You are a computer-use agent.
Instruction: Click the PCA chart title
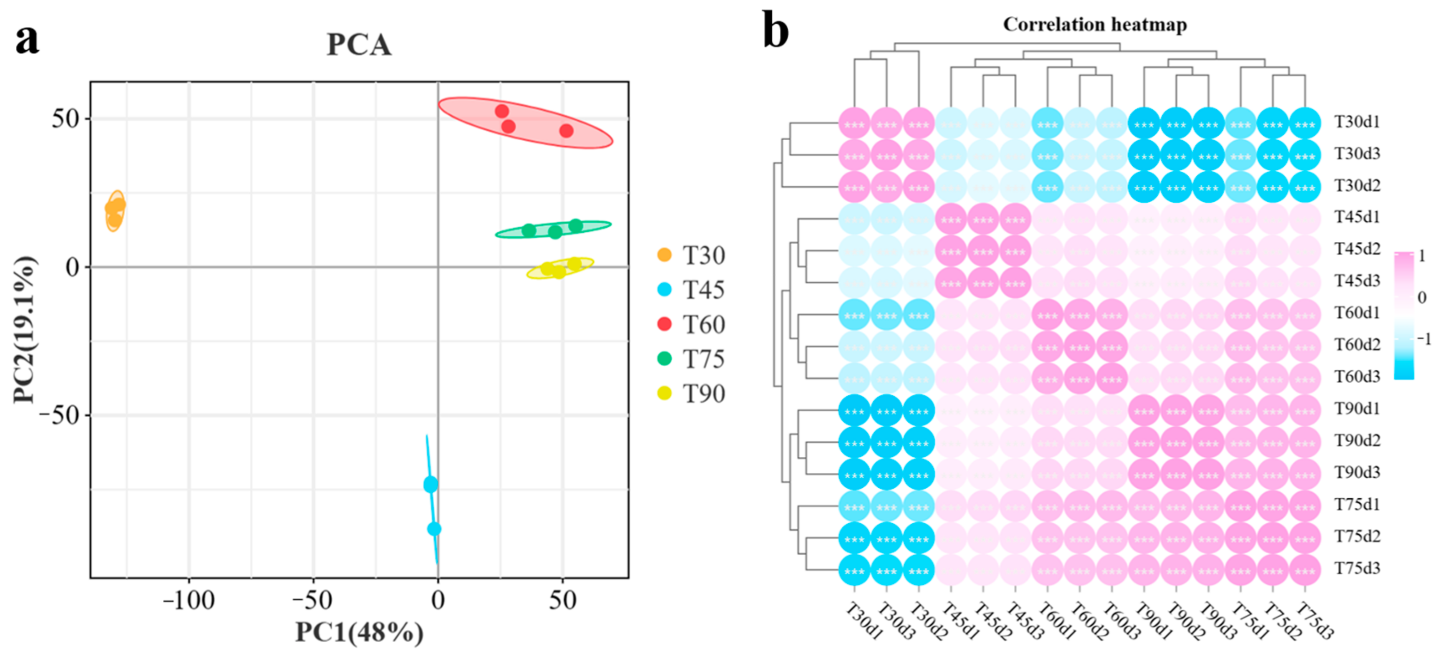click(359, 45)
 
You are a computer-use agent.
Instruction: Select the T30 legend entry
click(692, 256)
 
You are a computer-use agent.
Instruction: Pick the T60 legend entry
click(692, 324)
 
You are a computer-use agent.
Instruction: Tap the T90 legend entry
click(692, 394)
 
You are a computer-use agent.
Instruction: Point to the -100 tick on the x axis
click(188, 601)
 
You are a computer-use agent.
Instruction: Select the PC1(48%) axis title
click(359, 633)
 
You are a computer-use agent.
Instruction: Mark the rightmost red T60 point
click(566, 131)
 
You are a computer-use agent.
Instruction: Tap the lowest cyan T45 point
click(434, 528)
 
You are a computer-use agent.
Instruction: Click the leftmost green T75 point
click(528, 230)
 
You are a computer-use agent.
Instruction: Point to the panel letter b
click(776, 31)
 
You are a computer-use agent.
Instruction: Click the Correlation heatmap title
click(1095, 25)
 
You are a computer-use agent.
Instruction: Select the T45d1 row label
click(1357, 217)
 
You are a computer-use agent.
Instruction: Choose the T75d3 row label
click(1357, 568)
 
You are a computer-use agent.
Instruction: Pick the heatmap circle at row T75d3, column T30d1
click(854, 570)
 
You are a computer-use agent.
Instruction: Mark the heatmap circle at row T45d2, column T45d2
click(983, 251)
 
